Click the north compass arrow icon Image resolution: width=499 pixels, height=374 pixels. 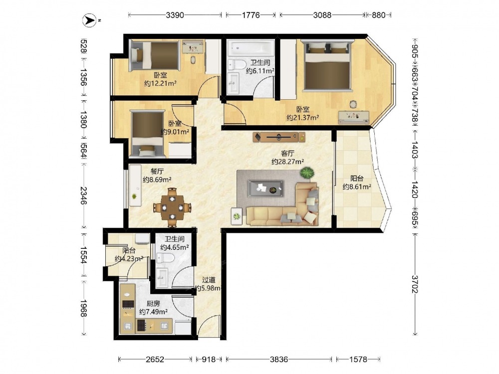[89, 20]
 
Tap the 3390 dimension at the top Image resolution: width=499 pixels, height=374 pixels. [175, 15]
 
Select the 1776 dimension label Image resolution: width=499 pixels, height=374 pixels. [251, 15]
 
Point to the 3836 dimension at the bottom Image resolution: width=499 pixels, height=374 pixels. [279, 360]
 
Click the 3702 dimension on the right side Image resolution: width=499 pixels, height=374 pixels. [415, 284]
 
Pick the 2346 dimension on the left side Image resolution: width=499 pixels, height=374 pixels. [83, 195]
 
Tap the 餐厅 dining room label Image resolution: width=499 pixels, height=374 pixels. [157, 172]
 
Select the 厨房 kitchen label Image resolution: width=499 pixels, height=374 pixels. [153, 304]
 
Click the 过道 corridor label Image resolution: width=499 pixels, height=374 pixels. [209, 280]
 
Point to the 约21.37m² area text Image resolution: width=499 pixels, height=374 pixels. [303, 118]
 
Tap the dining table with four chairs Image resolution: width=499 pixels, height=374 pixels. [172, 207]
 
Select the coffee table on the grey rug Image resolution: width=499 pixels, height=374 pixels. [266, 188]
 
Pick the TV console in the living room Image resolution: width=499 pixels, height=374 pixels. [279, 137]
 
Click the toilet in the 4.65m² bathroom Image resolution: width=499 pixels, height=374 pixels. [166, 258]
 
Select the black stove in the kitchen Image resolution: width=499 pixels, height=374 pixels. [128, 304]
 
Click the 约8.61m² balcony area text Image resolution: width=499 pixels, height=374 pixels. [357, 187]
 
